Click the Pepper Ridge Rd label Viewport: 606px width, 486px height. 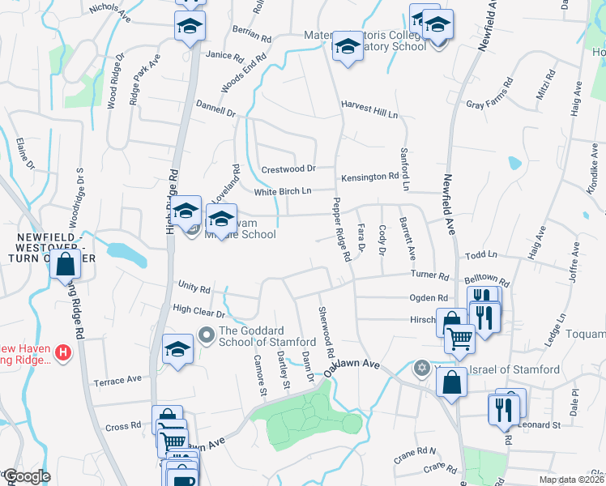[341, 229]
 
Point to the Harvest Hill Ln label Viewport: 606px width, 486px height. [369, 105]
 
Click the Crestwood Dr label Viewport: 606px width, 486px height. [288, 169]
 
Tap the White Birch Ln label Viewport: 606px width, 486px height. [283, 192]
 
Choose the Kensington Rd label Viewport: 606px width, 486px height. [369, 176]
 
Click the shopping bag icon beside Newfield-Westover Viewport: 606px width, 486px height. [65, 264]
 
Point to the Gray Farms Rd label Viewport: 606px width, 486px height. [490, 94]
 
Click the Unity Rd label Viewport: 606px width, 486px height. [194, 288]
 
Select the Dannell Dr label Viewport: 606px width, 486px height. [216, 107]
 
